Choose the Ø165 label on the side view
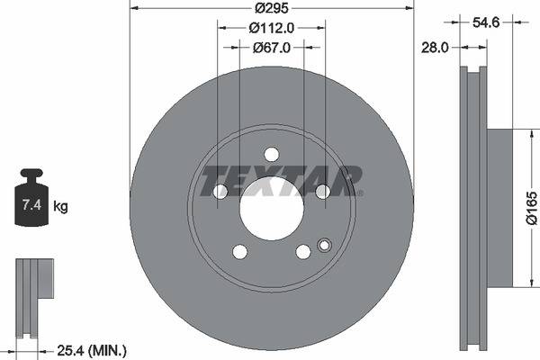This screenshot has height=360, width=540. tap(531, 209)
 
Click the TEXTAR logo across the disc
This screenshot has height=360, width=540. tap(281, 179)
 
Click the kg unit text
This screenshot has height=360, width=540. tap(60, 206)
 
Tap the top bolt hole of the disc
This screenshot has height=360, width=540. tap(271, 154)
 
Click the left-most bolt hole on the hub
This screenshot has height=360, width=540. tap(220, 191)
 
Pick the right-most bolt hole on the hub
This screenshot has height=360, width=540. tap(322, 191)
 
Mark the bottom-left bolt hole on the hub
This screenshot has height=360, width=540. tap(239, 251)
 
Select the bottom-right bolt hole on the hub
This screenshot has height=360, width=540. tap(303, 251)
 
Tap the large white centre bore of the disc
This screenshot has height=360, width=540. tap(271, 208)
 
